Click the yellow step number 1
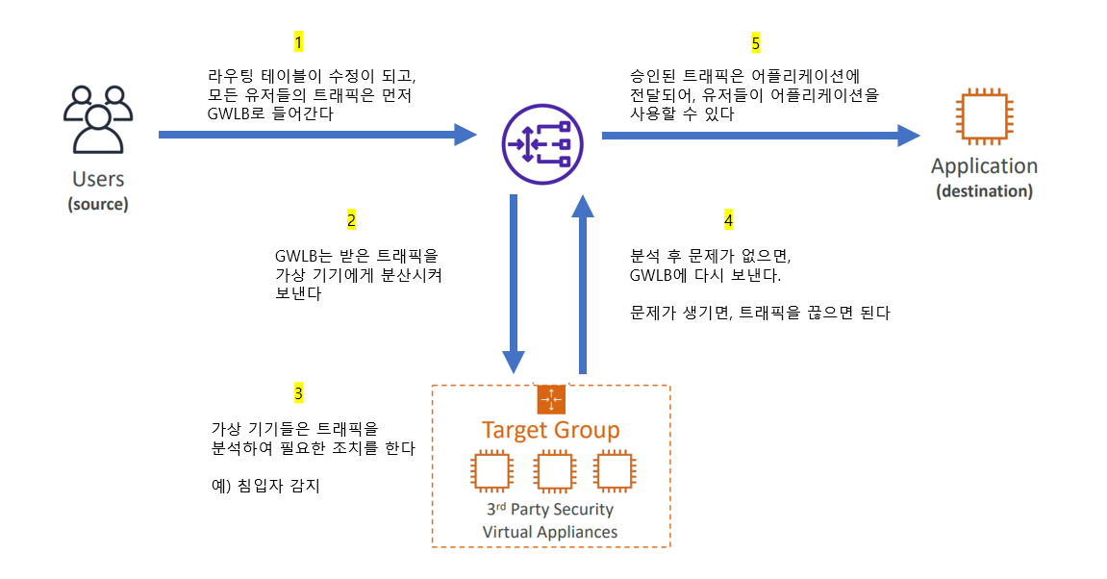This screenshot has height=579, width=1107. coord(298,42)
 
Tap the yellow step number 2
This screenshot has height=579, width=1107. coord(351,220)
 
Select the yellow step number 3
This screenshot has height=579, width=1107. coord(298,393)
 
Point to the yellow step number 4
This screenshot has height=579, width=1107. coord(728,220)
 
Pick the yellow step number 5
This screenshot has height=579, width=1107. coord(755,43)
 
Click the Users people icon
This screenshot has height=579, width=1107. coord(97,119)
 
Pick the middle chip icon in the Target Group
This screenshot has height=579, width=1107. coord(553,471)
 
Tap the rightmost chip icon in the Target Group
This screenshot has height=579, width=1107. coord(614,471)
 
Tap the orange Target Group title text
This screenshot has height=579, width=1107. coord(550,430)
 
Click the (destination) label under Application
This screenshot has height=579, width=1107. coord(984,191)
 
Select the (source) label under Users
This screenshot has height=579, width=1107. coord(98,204)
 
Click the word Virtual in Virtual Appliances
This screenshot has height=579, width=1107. coord(507,532)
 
